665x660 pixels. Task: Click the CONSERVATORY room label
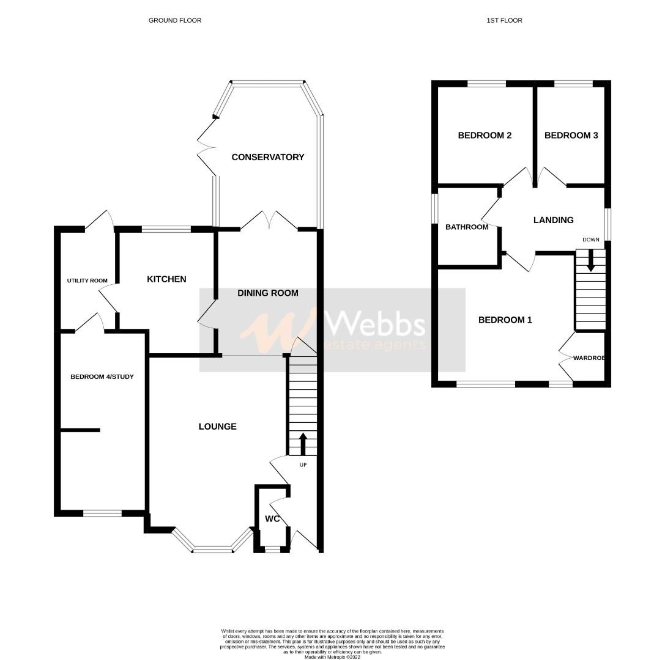[267, 157]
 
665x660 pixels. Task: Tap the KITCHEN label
[166, 279]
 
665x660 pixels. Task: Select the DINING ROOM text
[268, 293]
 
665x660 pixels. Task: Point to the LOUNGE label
[217, 427]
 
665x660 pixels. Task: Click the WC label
[272, 519]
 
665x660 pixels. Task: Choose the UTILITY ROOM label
[87, 281]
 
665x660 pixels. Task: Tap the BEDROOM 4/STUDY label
[102, 376]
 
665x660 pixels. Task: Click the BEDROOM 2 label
[485, 136]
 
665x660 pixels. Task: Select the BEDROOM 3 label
[571, 136]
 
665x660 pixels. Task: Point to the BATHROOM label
[467, 227]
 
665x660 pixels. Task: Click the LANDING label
[553, 220]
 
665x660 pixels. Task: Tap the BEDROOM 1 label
[505, 320]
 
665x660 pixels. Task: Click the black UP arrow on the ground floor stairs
[303, 443]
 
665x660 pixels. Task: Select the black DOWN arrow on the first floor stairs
[590, 261]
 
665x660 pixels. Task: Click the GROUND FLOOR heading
[175, 20]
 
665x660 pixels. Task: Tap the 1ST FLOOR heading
[504, 20]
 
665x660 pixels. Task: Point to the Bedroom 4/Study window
[102, 513]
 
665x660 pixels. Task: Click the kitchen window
[166, 230]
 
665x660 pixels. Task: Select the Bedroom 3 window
[573, 84]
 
